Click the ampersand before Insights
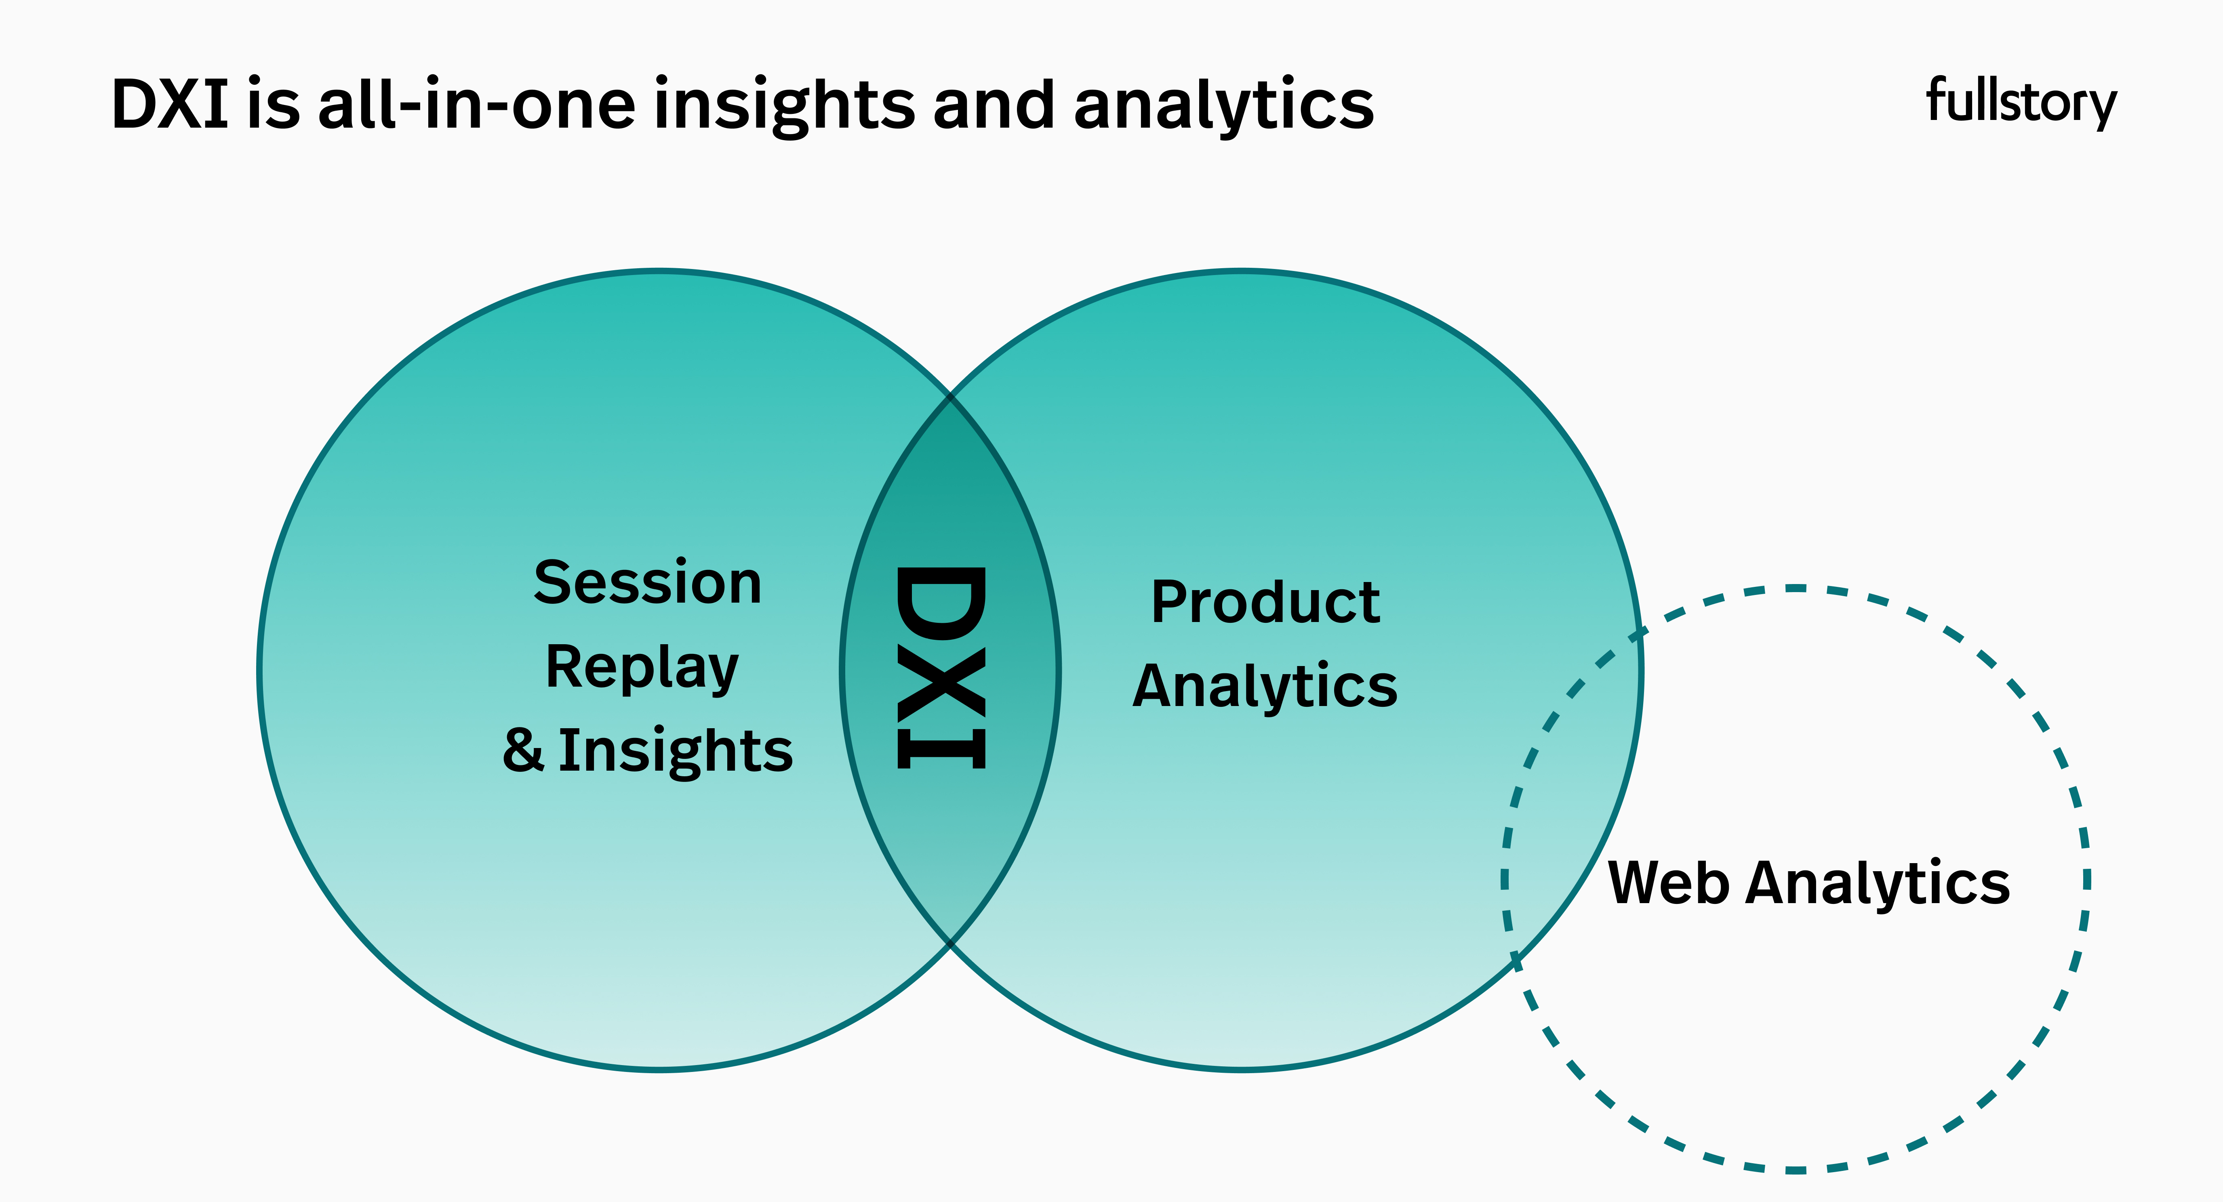(523, 749)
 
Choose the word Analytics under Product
(1265, 687)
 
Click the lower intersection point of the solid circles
(950, 943)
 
